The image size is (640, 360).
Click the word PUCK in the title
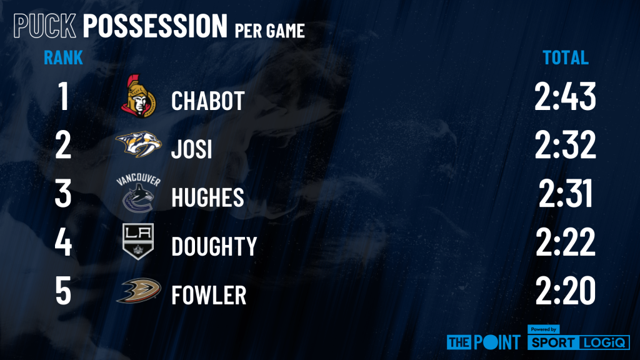pyautogui.click(x=45, y=26)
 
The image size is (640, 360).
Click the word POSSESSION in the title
pyautogui.click(x=155, y=26)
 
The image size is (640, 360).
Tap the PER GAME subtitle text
pyautogui.click(x=270, y=31)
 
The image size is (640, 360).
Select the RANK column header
pyautogui.click(x=63, y=57)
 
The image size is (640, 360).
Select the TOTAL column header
pyautogui.click(x=565, y=57)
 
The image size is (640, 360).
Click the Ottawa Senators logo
pyautogui.click(x=138, y=96)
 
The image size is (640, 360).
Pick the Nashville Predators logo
pyautogui.click(x=138, y=144)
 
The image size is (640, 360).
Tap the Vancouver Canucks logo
pyautogui.click(x=138, y=193)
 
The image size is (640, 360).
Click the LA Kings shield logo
pyautogui.click(x=138, y=241)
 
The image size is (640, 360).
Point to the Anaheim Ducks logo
pyautogui.click(x=138, y=291)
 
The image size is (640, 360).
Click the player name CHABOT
pyautogui.click(x=207, y=101)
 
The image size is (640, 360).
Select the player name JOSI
pyautogui.click(x=191, y=149)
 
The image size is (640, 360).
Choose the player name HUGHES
pyautogui.click(x=207, y=197)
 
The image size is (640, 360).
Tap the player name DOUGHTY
pyautogui.click(x=214, y=246)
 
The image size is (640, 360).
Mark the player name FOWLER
pyautogui.click(x=209, y=295)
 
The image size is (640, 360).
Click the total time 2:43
pyautogui.click(x=565, y=96)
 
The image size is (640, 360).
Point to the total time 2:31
pyautogui.click(x=565, y=194)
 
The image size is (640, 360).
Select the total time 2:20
pyautogui.click(x=565, y=291)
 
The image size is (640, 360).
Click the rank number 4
pyautogui.click(x=63, y=242)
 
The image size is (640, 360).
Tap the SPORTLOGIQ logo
pyautogui.click(x=578, y=338)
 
